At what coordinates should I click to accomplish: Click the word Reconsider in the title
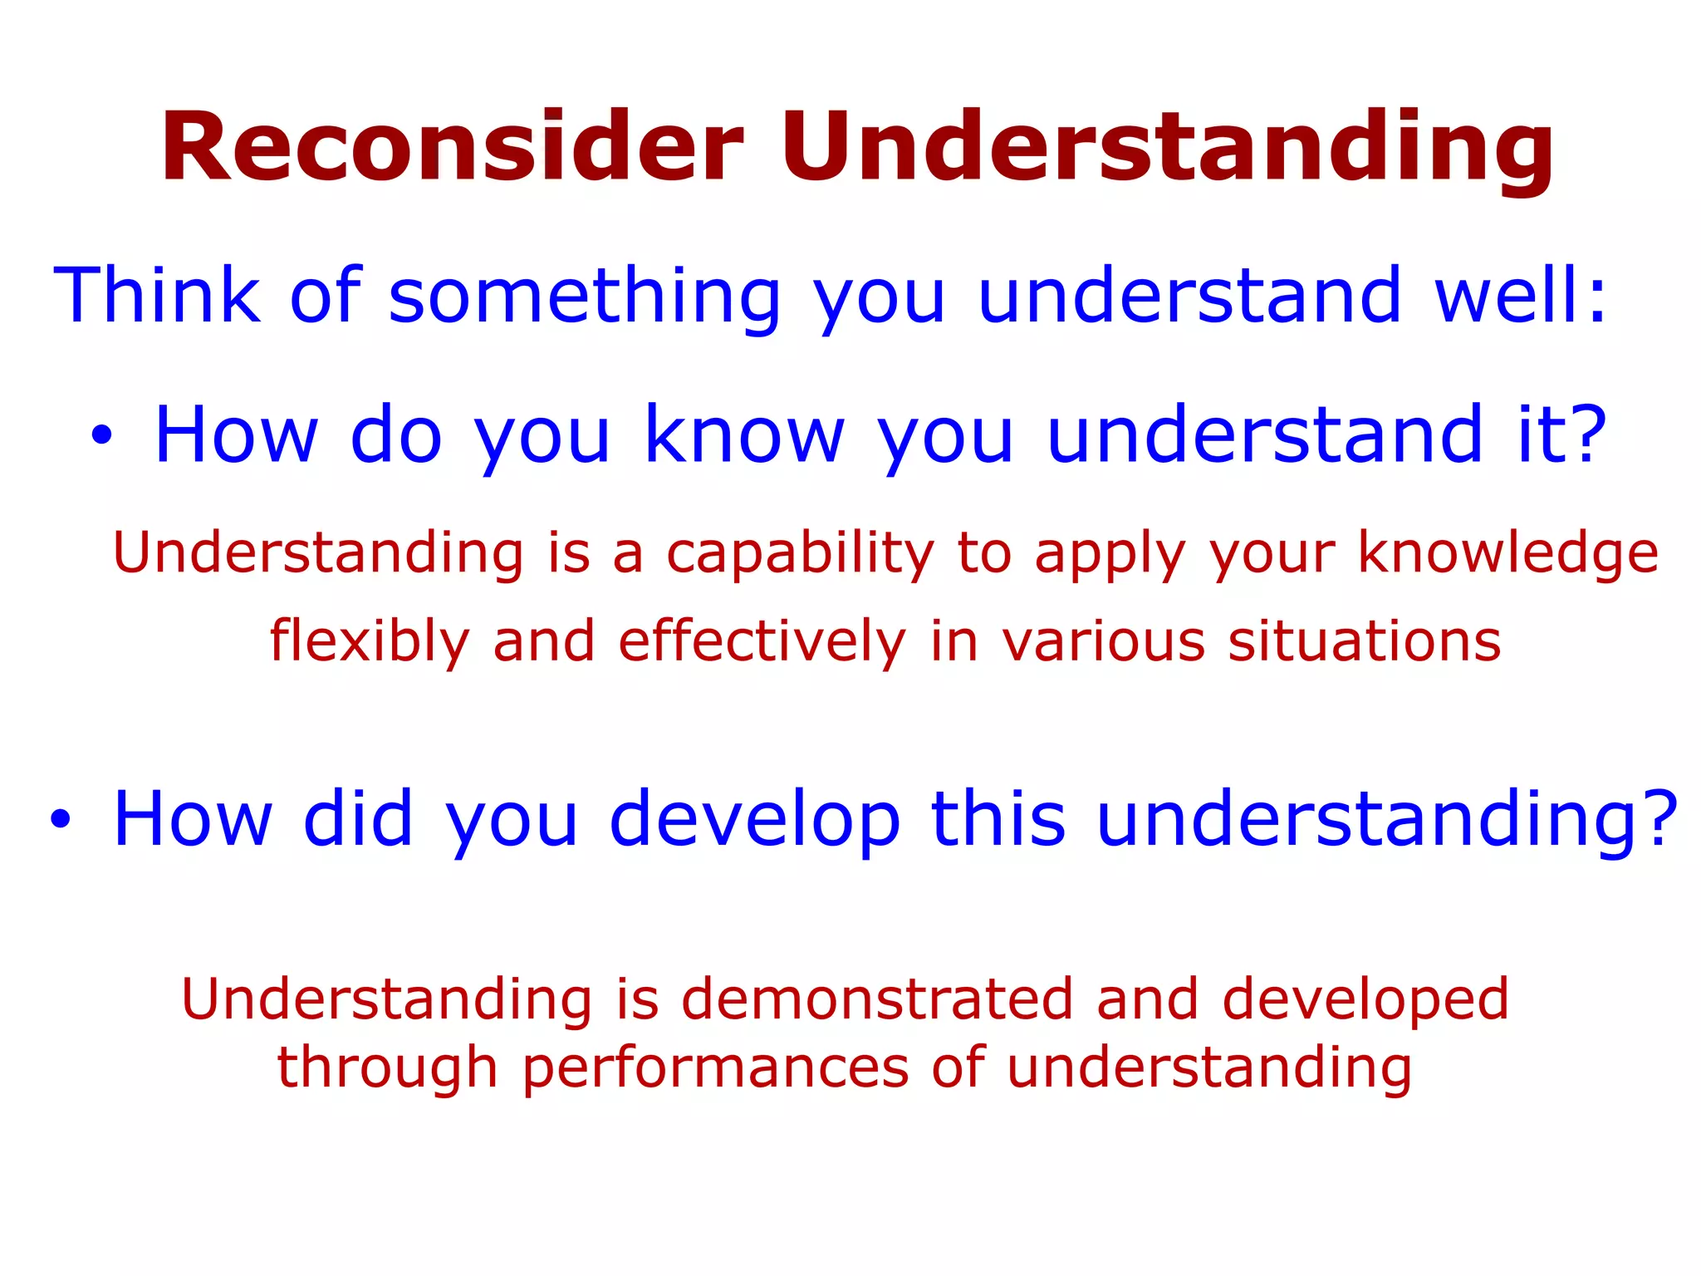[453, 148]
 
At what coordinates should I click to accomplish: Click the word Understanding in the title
[1167, 148]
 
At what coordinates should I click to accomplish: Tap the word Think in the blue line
[157, 295]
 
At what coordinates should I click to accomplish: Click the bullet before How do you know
[100, 435]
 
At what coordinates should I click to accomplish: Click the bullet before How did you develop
[60, 819]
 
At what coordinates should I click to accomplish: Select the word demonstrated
[877, 999]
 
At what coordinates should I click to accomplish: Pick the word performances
[715, 1068]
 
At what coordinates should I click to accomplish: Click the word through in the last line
[387, 1068]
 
